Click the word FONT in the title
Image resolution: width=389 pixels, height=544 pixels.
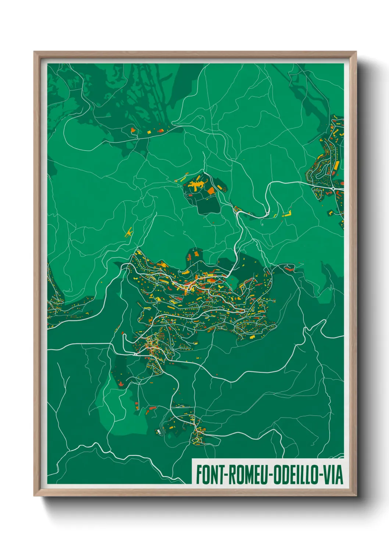(x=210, y=475)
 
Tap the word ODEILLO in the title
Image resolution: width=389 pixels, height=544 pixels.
(x=295, y=475)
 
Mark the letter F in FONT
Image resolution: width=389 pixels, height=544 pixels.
(x=199, y=475)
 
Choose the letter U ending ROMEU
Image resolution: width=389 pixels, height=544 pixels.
(x=265, y=475)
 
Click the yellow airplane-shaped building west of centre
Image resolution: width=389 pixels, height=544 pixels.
(x=129, y=232)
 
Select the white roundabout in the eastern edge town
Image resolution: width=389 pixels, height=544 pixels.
(x=333, y=189)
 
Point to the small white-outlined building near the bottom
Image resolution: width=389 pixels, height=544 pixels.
(x=158, y=430)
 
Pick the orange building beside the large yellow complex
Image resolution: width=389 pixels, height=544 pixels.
(x=211, y=190)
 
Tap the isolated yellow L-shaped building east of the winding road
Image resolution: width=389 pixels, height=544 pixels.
(x=287, y=214)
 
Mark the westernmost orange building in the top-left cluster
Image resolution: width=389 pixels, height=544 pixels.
(x=133, y=129)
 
